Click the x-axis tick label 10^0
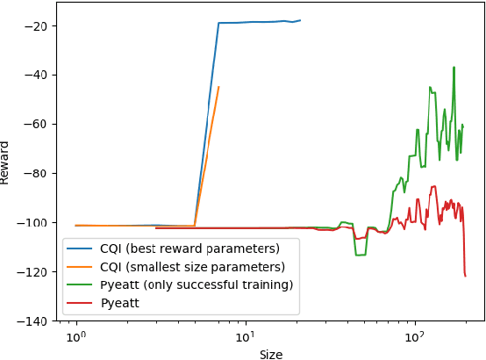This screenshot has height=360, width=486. click(76, 337)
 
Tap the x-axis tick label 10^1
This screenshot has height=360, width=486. click(246, 337)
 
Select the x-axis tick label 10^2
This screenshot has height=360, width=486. click(415, 337)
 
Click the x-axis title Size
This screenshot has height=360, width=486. click(270, 354)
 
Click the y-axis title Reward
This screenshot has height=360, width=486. click(6, 162)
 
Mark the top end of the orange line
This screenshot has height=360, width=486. click(218, 87)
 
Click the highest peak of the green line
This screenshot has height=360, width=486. click(454, 67)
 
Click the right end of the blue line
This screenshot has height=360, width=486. click(300, 20)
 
